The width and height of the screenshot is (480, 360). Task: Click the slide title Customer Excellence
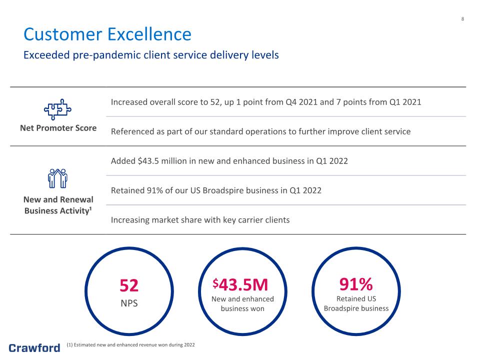click(107, 34)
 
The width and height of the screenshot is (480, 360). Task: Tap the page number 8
click(462, 19)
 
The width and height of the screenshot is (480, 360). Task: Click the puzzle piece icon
click(57, 109)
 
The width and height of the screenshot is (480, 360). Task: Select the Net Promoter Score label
click(58, 128)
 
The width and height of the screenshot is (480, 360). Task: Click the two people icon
click(57, 178)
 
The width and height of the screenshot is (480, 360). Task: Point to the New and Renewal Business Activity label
click(58, 205)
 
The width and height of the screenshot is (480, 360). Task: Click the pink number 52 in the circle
click(129, 285)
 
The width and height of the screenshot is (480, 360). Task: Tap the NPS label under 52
click(129, 303)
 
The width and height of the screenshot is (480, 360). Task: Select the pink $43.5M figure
click(240, 284)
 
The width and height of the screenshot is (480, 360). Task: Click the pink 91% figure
click(356, 284)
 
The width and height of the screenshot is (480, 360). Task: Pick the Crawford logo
click(34, 348)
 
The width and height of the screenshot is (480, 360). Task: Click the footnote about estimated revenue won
click(130, 344)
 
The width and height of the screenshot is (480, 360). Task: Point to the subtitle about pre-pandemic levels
click(151, 55)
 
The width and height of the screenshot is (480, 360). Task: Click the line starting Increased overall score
click(266, 102)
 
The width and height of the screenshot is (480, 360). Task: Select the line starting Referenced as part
click(261, 131)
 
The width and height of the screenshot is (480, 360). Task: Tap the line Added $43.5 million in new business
click(229, 161)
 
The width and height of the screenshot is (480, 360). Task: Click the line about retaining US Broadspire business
click(216, 190)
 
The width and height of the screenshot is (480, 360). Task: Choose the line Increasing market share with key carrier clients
click(200, 220)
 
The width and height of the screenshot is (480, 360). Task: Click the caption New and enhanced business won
click(242, 303)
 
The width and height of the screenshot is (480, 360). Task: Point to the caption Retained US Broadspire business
click(356, 303)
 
